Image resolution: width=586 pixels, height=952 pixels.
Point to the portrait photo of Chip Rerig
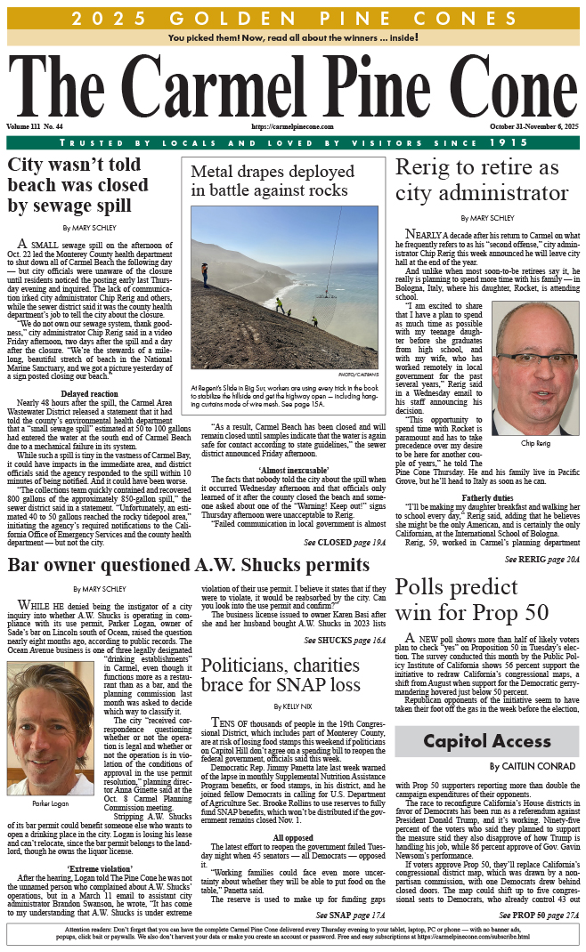(534, 367)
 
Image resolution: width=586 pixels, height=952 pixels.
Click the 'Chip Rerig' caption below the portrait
(534, 442)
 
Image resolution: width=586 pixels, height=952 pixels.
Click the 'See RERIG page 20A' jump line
(541, 559)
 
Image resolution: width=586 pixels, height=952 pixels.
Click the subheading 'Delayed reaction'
(88, 394)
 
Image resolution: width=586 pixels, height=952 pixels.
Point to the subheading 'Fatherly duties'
(486, 496)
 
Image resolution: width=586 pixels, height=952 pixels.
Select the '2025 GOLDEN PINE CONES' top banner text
(293, 18)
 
